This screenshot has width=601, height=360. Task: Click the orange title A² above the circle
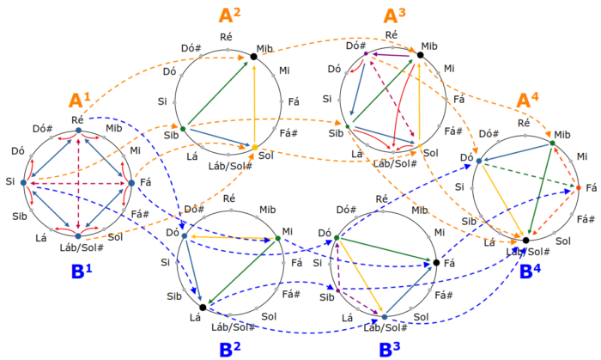[x=229, y=15]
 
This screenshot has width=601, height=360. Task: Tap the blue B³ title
[x=391, y=349]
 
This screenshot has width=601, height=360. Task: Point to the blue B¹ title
[x=82, y=272]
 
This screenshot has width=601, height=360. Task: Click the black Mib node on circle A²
[x=254, y=57]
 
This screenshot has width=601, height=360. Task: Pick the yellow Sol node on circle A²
[x=254, y=147]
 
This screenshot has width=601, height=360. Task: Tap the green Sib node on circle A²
[x=183, y=128]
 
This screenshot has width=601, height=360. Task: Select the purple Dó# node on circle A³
[x=366, y=54]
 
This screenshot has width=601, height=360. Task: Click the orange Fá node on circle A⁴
[x=578, y=187]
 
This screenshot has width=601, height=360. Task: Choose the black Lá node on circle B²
[x=202, y=307]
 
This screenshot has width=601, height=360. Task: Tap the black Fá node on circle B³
[x=436, y=262]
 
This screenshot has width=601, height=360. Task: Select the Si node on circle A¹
[x=26, y=182]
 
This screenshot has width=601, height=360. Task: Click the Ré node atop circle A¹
[x=78, y=131]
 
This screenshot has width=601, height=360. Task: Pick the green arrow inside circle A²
[x=218, y=93]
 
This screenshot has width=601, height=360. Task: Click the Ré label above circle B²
[x=228, y=198]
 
